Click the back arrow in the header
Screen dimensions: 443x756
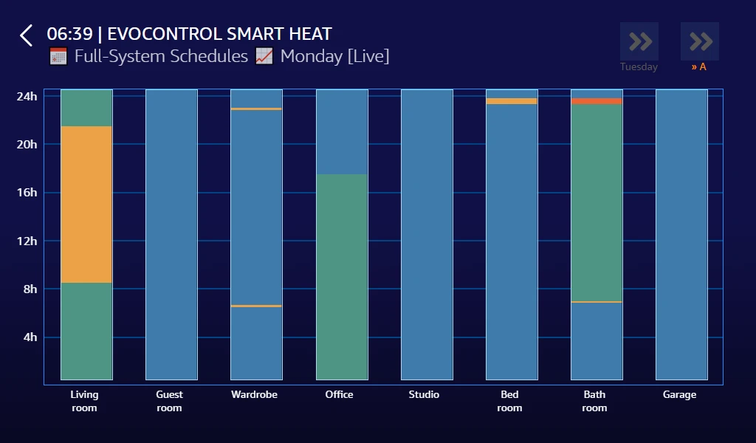27,35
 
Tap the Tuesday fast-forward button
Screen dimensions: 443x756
639,42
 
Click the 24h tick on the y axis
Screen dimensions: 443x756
27,96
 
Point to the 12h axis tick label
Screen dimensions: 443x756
27,241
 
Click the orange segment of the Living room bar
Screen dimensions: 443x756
86,205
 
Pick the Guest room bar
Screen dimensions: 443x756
171,235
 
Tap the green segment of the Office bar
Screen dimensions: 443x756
342,277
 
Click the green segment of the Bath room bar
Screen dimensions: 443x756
597,203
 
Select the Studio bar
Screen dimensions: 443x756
427,235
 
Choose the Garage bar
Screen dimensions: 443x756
681,235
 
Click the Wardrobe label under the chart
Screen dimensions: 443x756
254,395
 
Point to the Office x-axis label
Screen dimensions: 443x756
339,395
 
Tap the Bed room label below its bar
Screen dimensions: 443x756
509,401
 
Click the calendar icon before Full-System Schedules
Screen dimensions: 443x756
58,56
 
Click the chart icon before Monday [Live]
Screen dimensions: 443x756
264,56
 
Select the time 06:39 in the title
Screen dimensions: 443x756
69,34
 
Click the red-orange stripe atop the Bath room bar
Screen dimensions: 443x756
597,101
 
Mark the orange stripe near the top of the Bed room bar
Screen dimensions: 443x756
512,101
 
